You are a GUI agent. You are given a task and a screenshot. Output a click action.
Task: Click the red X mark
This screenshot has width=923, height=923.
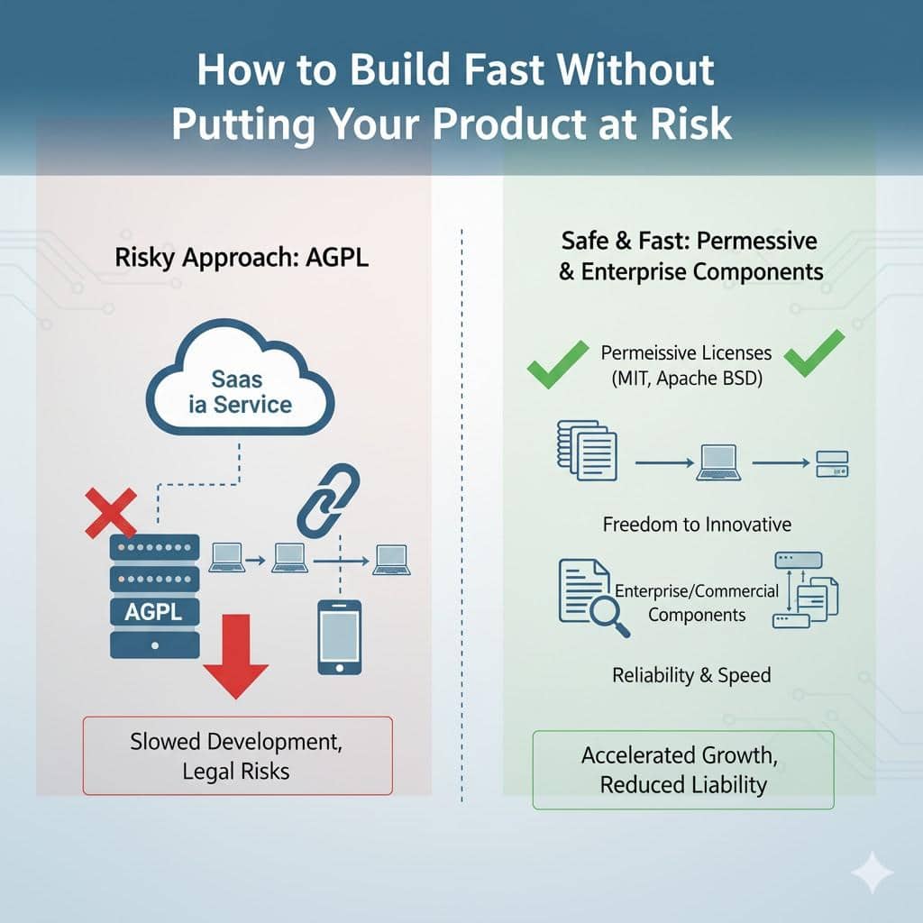(110, 512)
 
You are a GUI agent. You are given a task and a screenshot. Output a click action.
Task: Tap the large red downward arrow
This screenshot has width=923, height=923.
(235, 653)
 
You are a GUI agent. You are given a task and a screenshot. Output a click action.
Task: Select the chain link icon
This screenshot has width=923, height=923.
(329, 501)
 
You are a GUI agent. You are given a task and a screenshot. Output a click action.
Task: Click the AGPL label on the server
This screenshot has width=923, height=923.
(154, 612)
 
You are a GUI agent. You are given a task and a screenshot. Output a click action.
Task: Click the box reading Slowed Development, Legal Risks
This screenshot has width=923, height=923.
(237, 755)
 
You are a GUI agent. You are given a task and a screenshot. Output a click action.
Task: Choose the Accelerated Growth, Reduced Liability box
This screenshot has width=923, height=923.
(683, 769)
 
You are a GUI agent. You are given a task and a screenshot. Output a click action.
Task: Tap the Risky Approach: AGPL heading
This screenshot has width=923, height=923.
(242, 258)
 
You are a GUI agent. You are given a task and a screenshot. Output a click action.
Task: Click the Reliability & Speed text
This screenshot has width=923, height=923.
(691, 674)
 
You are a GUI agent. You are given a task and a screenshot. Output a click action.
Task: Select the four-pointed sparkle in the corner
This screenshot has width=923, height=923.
(872, 873)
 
